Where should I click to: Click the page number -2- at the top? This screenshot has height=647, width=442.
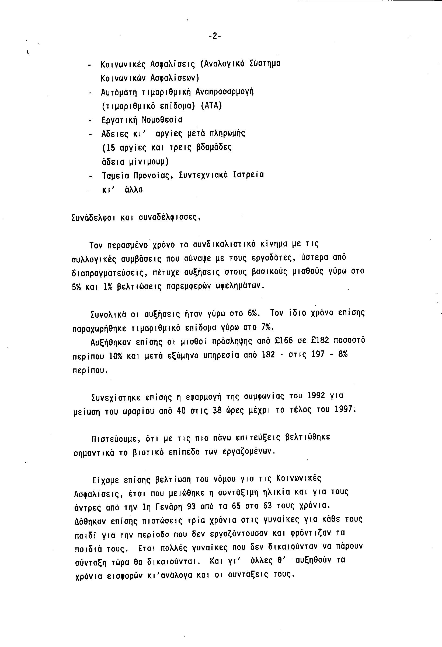(215, 36)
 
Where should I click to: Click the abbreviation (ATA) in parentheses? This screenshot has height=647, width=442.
(211, 106)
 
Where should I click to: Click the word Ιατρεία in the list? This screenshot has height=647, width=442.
(249, 175)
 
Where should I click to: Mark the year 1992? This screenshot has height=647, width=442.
(314, 396)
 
